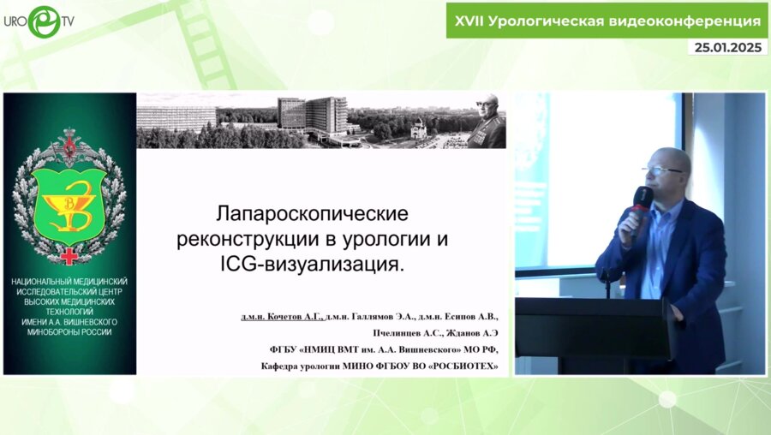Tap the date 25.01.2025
tap(727, 48)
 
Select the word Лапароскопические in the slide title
tap(312, 211)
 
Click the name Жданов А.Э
tap(475, 333)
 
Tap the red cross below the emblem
tap(69, 255)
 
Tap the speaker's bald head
tap(668, 158)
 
